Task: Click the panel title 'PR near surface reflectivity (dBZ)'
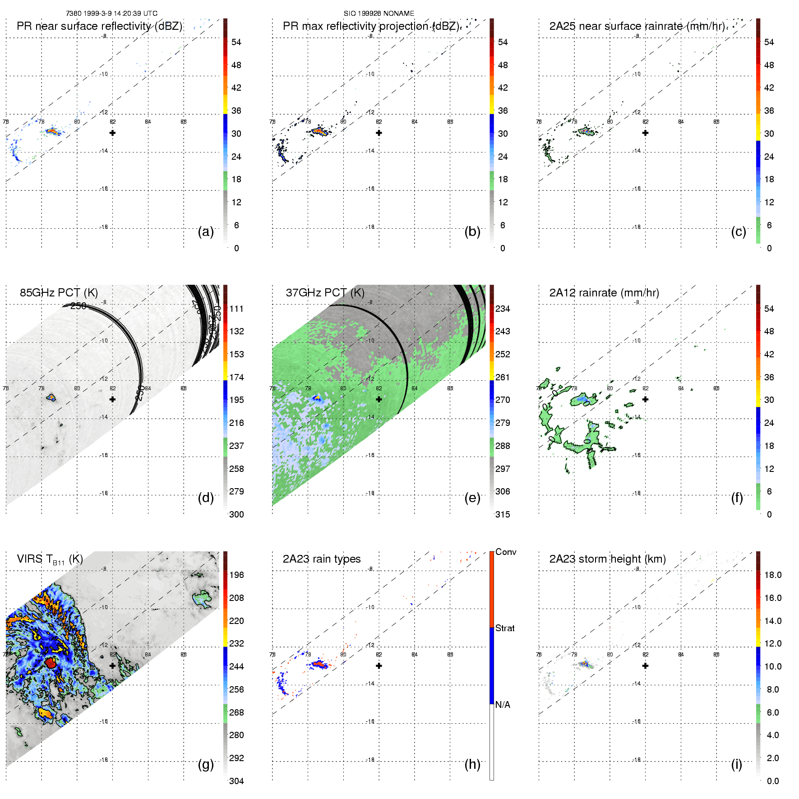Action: click(x=99, y=26)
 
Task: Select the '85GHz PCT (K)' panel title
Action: click(x=59, y=293)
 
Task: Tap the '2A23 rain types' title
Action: click(x=321, y=559)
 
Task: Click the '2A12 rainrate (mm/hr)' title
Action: click(x=604, y=293)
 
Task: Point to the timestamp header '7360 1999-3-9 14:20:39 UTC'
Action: click(x=111, y=14)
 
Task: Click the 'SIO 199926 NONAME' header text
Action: click(x=379, y=14)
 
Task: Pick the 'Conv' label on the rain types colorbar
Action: click(x=505, y=552)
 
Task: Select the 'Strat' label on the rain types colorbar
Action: click(x=505, y=628)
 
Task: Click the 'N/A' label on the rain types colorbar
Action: click(x=503, y=705)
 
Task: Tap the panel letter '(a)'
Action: click(x=206, y=231)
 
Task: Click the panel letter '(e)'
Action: click(x=472, y=498)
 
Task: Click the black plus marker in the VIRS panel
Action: click(x=112, y=665)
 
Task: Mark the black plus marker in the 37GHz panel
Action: click(x=379, y=399)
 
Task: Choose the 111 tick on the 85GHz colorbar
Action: click(x=236, y=309)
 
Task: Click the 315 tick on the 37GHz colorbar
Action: click(x=503, y=514)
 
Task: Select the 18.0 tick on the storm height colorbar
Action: click(x=772, y=575)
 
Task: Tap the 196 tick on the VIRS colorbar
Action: click(x=236, y=575)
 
